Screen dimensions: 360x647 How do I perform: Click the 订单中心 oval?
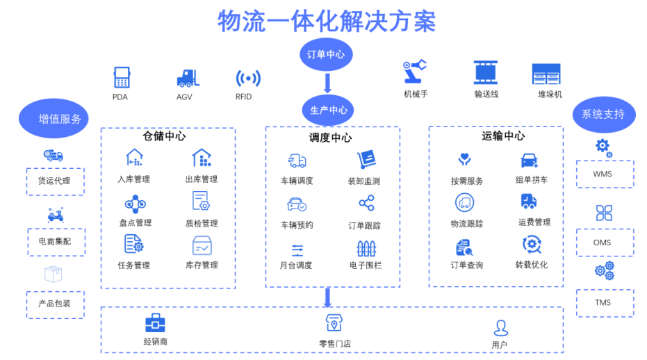[x=326, y=55]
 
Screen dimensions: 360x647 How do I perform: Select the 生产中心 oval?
[x=328, y=110]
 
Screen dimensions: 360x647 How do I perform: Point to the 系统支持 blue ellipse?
[x=603, y=115]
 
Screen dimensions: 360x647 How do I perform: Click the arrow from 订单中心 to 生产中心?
[x=327, y=83]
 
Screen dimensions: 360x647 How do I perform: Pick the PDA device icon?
[x=122, y=78]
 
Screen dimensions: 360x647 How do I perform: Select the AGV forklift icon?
[x=186, y=78]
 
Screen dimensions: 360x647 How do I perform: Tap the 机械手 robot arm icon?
[x=414, y=73]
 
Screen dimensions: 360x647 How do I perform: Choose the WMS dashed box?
[x=604, y=174]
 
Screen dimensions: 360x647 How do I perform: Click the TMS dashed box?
[x=604, y=303]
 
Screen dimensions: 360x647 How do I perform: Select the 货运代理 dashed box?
[x=55, y=181]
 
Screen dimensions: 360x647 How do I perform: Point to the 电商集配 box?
[x=56, y=241]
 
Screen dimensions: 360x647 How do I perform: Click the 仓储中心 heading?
[x=164, y=136]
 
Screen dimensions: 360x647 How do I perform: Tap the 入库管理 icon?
[x=134, y=158]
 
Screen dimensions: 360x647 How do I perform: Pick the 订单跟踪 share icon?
[x=366, y=204]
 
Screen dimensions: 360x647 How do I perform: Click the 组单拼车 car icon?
[x=530, y=161]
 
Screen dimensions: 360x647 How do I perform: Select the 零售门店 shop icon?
[x=335, y=323]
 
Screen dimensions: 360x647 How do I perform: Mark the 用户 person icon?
[x=500, y=327]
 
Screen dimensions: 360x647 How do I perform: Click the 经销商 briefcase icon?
[x=155, y=322]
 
